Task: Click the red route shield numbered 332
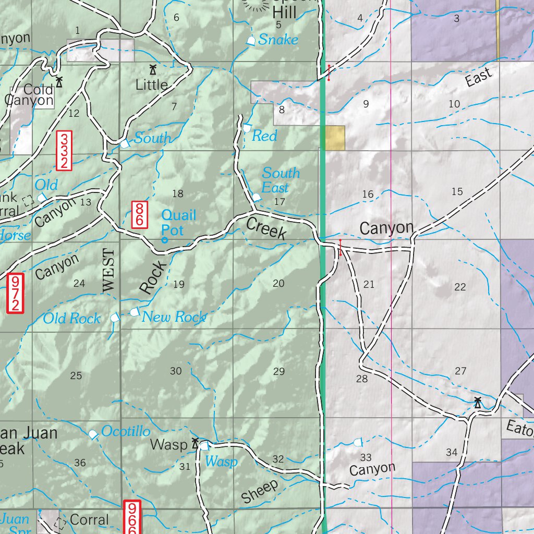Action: click(64, 151)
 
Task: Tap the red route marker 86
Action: click(139, 214)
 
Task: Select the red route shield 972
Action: click(16, 294)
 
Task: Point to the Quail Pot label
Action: click(178, 222)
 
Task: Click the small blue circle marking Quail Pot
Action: click(165, 240)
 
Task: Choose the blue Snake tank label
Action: click(278, 40)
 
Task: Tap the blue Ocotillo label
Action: click(126, 431)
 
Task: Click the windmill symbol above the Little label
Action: click(153, 69)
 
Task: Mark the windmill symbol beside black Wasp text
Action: click(195, 443)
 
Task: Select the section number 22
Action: click(460, 287)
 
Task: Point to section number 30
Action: click(176, 371)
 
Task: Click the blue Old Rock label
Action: click(71, 318)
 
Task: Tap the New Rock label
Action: click(174, 317)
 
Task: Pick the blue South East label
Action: click(281, 180)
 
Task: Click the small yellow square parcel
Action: click(334, 138)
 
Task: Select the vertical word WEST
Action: click(108, 270)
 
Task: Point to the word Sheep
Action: click(259, 492)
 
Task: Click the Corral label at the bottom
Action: click(89, 519)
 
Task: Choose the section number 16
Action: click(368, 195)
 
